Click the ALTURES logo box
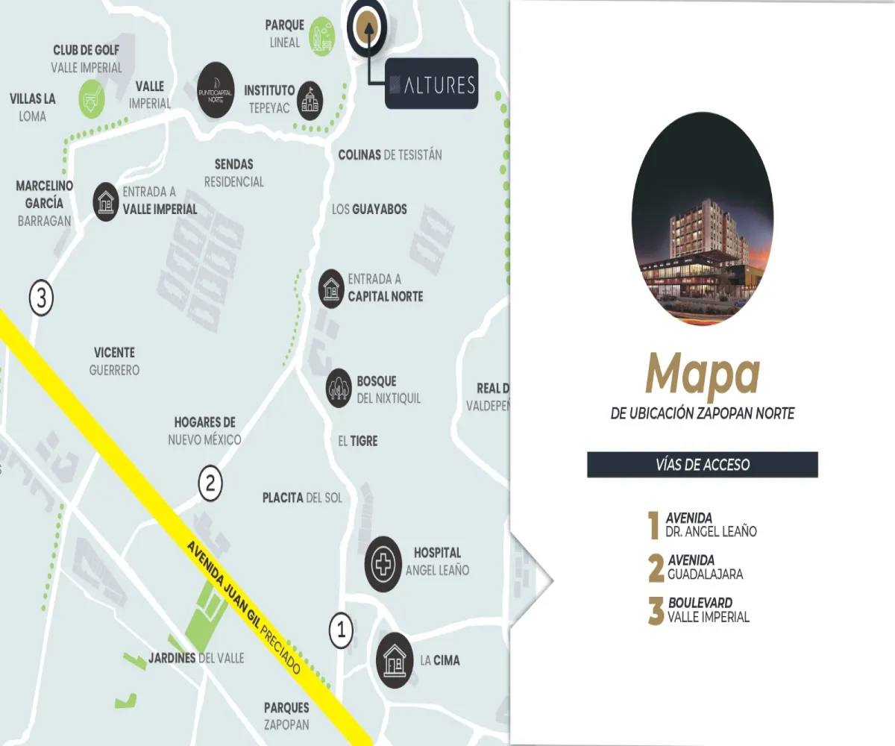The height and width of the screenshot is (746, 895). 431,84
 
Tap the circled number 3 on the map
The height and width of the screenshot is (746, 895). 41,299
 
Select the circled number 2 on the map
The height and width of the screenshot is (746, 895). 210,483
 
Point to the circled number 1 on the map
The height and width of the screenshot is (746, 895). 341,631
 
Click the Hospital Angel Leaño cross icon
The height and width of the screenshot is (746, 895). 383,564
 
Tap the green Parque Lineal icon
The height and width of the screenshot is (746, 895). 321,35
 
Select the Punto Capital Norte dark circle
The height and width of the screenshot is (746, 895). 217,90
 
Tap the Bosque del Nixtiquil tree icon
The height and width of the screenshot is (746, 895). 339,388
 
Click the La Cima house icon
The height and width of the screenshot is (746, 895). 395,659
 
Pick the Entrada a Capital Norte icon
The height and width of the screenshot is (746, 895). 331,288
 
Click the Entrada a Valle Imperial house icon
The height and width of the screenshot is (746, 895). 106,201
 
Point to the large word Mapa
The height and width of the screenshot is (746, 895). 702,375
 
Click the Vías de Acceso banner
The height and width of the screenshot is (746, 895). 702,465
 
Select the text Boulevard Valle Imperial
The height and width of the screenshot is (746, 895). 709,609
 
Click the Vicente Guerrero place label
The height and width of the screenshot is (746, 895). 114,361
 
